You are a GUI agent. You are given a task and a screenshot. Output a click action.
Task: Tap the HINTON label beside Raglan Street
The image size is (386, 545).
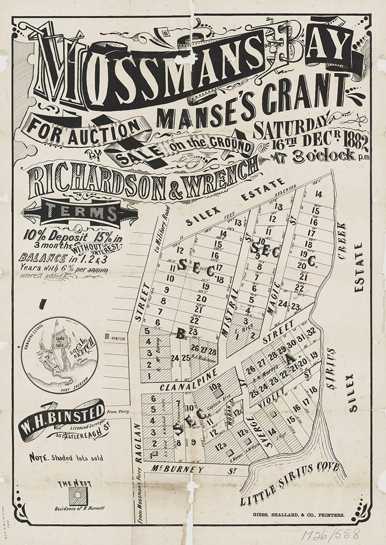pos(117,338)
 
